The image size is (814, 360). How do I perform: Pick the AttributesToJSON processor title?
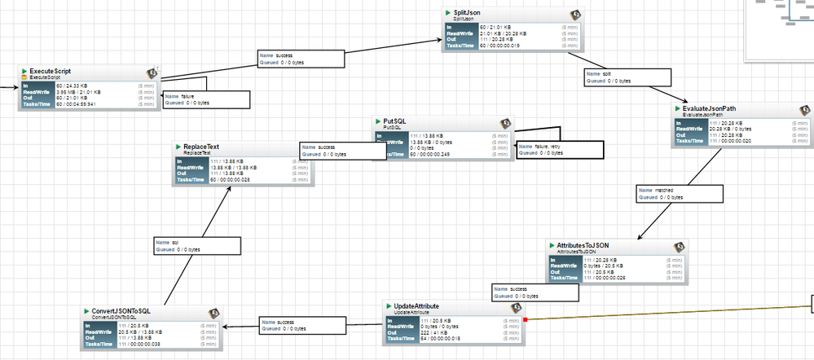(583, 244)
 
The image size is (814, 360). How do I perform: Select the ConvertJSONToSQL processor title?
(121, 311)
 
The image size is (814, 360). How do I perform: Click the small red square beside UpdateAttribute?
(526, 319)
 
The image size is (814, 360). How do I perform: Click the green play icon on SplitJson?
(447, 13)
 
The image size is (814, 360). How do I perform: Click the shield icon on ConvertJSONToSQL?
(214, 313)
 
